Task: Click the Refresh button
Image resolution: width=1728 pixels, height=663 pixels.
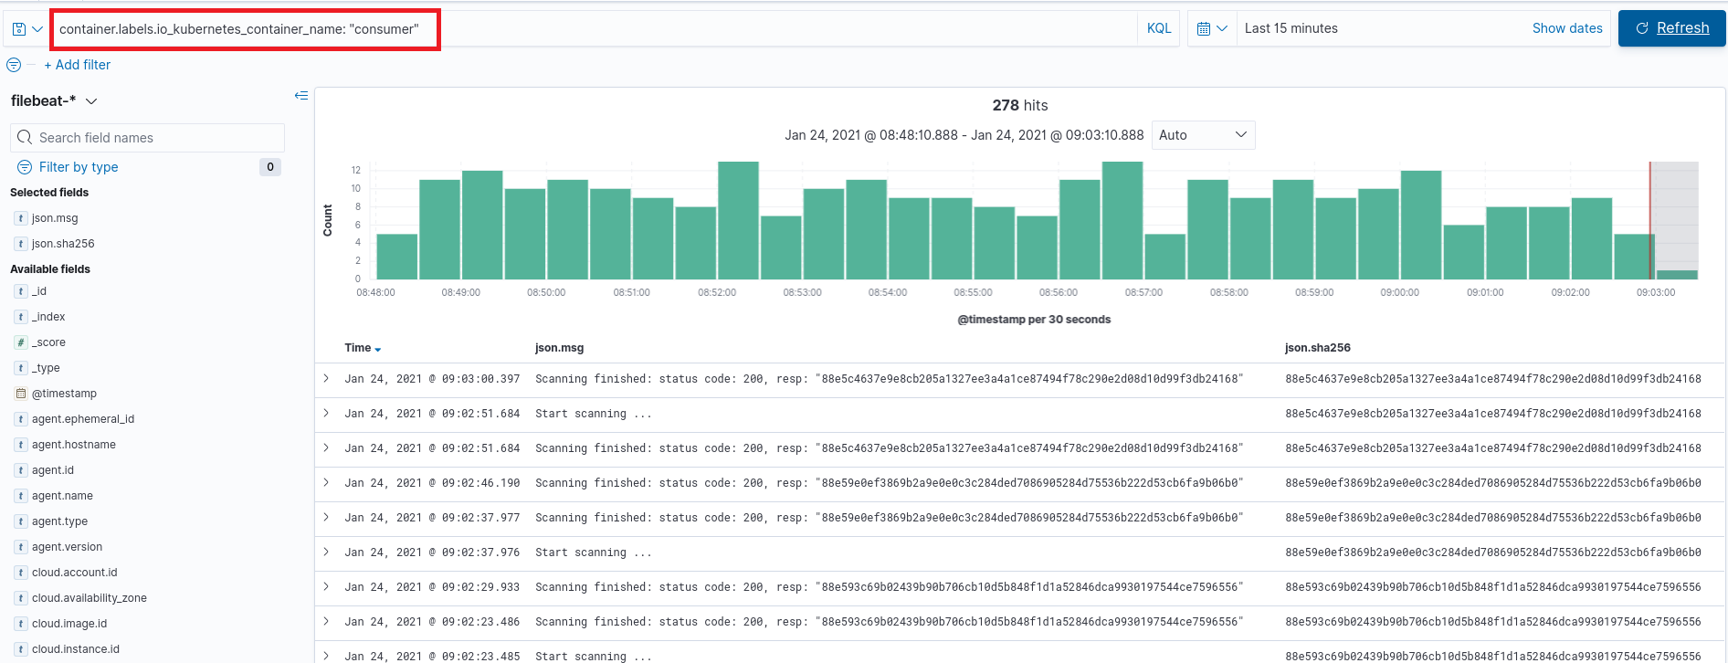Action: tap(1671, 28)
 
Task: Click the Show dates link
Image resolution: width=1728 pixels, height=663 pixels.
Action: tap(1566, 28)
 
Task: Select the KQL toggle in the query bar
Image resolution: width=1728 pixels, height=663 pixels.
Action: tap(1158, 28)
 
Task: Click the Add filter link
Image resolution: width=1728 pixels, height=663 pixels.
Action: tap(78, 65)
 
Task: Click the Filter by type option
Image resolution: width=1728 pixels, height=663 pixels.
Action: tap(79, 167)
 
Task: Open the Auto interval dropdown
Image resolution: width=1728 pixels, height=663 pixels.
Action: tap(1202, 135)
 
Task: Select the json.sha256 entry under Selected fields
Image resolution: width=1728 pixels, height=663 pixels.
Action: tap(63, 244)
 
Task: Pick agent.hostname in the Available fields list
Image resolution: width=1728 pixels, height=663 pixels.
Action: tap(74, 445)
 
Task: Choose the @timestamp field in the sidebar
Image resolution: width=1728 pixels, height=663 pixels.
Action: tap(64, 394)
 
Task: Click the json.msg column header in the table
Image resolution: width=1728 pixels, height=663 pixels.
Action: tap(559, 348)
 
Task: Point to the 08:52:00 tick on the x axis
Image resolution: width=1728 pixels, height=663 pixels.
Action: tap(717, 292)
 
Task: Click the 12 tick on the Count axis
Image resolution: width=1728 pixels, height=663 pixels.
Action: tap(355, 170)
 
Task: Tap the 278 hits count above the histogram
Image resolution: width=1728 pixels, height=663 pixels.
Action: tap(1019, 105)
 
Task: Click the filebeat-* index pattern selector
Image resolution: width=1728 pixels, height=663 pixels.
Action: tap(53, 100)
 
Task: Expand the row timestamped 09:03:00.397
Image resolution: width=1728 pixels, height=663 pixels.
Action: tap(326, 378)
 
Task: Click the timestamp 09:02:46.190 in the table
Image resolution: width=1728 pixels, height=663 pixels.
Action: tap(432, 483)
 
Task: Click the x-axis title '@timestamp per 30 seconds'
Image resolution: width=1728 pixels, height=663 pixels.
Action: tap(1034, 320)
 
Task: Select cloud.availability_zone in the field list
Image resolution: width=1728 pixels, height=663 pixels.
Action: tap(90, 598)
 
